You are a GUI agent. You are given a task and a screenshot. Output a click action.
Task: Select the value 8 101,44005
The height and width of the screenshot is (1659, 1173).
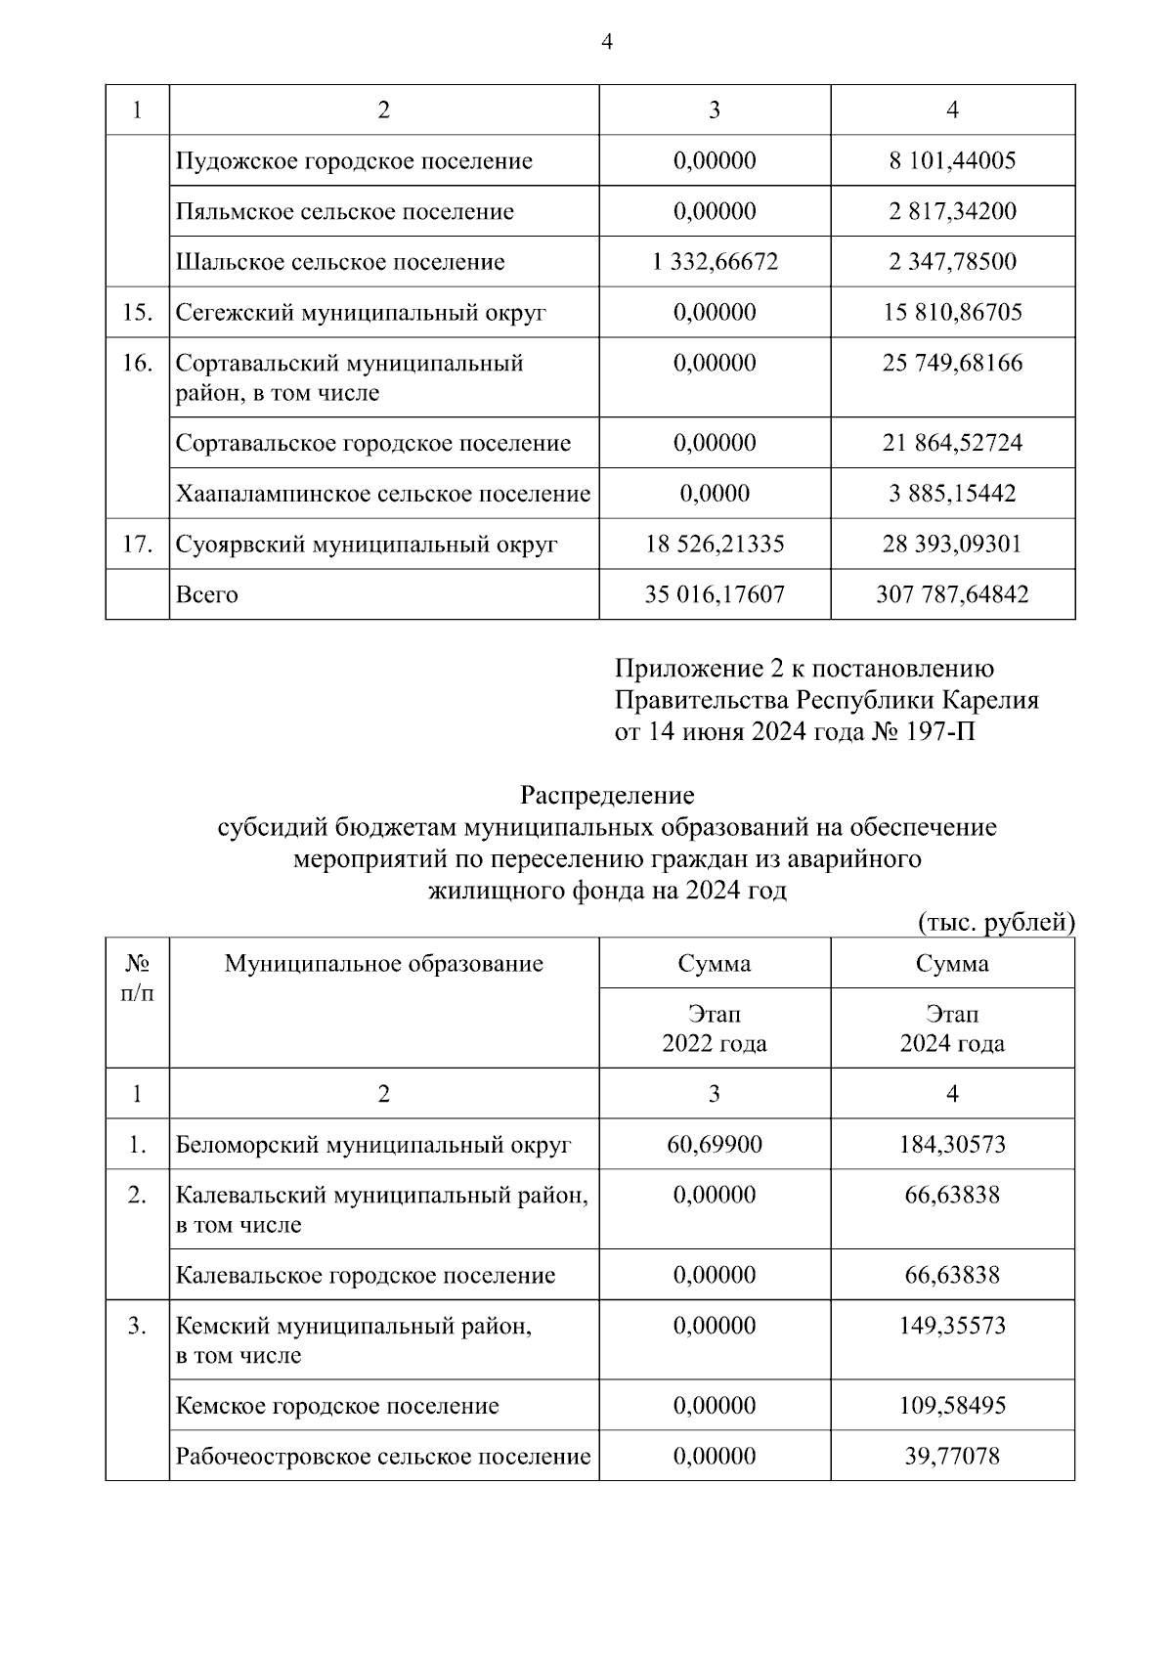tap(952, 160)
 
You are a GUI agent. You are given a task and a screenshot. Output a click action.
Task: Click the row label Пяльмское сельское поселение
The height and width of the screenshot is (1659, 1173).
tap(345, 211)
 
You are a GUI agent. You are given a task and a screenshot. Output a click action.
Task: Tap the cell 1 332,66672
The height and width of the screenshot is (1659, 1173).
tap(715, 262)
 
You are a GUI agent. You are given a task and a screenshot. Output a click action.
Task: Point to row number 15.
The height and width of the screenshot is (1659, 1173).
tap(137, 313)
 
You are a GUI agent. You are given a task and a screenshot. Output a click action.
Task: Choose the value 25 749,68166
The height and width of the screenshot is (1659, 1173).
tap(952, 364)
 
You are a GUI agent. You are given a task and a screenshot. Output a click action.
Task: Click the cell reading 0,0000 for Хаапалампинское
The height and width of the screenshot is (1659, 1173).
tap(715, 493)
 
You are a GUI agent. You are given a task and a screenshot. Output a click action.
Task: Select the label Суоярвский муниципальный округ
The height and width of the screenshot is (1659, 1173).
tap(367, 544)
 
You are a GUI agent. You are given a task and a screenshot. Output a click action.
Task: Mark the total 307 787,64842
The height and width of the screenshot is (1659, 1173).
tap(952, 594)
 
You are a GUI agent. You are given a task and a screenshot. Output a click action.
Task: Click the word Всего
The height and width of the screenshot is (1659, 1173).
tap(206, 594)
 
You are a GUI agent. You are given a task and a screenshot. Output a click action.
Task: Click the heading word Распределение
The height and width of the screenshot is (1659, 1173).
tap(606, 795)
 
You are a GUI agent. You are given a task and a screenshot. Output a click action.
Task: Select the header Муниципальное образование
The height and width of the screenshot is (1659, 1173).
tap(383, 964)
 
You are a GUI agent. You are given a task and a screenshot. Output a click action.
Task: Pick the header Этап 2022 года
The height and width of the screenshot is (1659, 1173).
tap(715, 1028)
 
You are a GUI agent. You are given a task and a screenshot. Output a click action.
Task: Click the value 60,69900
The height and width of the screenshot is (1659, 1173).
tap(715, 1144)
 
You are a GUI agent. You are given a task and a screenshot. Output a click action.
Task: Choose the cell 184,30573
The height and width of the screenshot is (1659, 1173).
tap(952, 1144)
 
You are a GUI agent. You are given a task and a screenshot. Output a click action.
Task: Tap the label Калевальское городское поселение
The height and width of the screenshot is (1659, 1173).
tap(366, 1275)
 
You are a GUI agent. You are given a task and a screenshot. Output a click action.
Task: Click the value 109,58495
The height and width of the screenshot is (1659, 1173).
tap(952, 1406)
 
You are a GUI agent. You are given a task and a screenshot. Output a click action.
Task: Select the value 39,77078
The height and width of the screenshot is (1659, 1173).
tap(952, 1457)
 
